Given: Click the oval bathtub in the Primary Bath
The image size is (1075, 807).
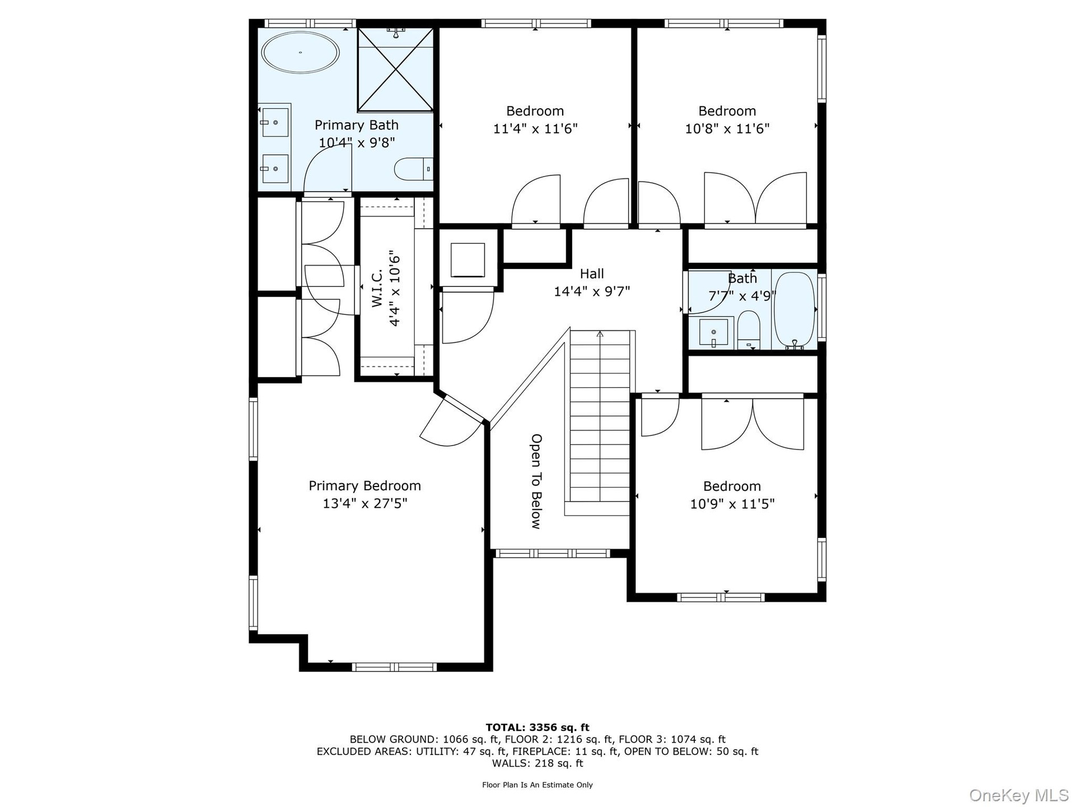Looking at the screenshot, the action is pyautogui.click(x=301, y=53).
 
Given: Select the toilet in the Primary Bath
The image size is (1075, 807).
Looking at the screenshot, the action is pyautogui.click(x=414, y=169).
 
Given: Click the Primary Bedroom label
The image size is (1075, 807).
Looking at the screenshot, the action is pyautogui.click(x=364, y=486).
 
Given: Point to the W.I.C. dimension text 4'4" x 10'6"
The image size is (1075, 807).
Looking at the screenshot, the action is pyautogui.click(x=395, y=288).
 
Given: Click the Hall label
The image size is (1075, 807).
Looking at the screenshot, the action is pyautogui.click(x=592, y=273).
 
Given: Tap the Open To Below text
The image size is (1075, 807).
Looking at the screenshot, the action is pyautogui.click(x=536, y=481).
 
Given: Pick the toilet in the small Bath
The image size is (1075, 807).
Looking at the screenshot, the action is pyautogui.click(x=748, y=329).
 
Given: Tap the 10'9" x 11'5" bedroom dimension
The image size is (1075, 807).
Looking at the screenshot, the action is pyautogui.click(x=732, y=504).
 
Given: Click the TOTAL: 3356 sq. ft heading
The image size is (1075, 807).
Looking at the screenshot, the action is pyautogui.click(x=537, y=727).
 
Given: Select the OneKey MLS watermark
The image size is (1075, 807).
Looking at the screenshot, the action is pyautogui.click(x=1019, y=795).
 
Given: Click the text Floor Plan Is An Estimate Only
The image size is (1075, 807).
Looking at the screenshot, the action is pyautogui.click(x=537, y=785).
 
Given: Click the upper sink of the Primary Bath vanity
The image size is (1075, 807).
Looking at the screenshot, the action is pyautogui.click(x=274, y=122).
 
